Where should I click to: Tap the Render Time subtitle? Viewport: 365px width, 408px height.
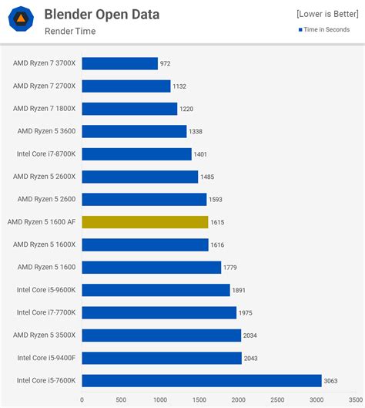[x=69, y=32]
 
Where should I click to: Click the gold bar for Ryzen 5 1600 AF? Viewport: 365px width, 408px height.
[x=145, y=222]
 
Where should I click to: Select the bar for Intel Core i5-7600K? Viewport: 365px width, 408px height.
[x=202, y=380]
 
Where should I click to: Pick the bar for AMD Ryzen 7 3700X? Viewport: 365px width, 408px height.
[x=120, y=64]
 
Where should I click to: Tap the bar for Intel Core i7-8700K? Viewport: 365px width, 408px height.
[x=136, y=154]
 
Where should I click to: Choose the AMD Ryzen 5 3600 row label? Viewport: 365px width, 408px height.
[x=47, y=132]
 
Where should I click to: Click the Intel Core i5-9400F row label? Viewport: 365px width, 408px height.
[x=46, y=357]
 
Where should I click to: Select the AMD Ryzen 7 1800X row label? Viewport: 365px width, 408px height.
[x=44, y=109]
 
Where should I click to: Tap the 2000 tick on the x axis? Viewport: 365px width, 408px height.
[x=239, y=400]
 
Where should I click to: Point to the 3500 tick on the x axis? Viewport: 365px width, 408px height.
[x=356, y=400]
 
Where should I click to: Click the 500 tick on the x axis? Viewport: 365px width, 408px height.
[x=121, y=400]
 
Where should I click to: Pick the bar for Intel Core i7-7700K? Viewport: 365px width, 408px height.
[x=159, y=312]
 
